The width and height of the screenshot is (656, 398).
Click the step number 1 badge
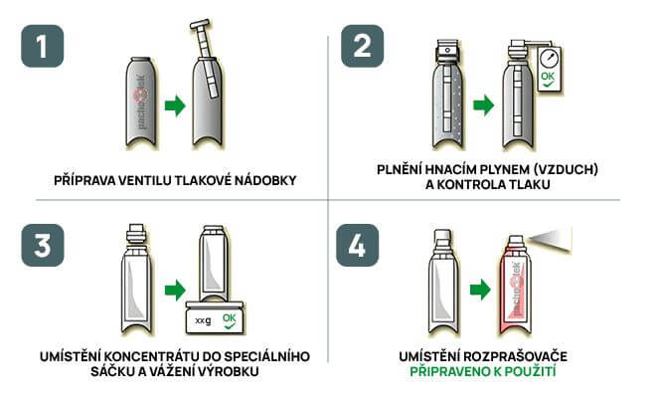point(43,46)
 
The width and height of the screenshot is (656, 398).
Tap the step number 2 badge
point(363,46)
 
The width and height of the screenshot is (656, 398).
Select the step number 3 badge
point(43,245)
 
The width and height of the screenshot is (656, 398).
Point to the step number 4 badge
point(357,245)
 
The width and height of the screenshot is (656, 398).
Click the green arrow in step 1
point(175,105)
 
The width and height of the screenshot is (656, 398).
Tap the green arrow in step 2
point(484,104)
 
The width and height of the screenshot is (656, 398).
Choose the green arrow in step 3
point(175,290)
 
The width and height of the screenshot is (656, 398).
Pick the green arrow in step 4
point(480,290)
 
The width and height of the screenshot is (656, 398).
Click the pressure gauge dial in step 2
point(549,59)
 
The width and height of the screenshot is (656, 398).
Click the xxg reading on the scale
point(204,321)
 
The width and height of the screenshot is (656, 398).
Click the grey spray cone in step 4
point(551,241)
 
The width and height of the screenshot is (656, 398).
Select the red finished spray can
point(516,286)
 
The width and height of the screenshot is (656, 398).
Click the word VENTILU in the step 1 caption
point(144,180)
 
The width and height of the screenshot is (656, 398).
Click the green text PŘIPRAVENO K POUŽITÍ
point(483,371)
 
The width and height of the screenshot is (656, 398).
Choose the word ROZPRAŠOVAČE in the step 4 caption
point(516,356)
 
